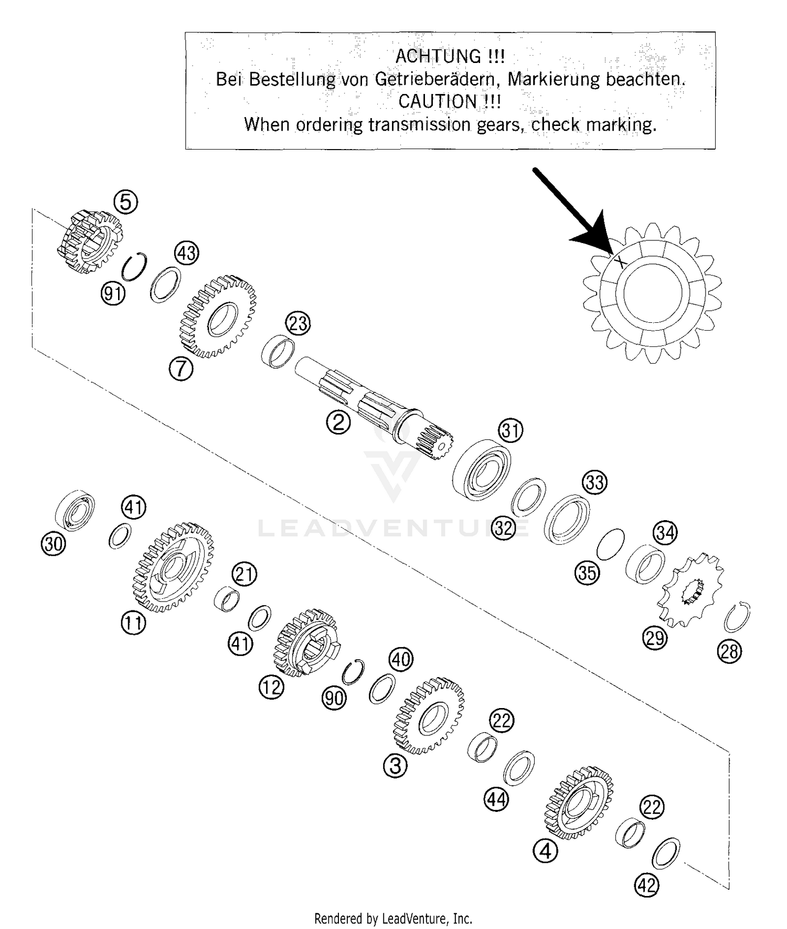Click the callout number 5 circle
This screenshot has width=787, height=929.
[x=125, y=202]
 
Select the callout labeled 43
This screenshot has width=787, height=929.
[x=186, y=253]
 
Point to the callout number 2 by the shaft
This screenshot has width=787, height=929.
[x=338, y=422]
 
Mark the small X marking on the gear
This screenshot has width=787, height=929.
[x=621, y=261]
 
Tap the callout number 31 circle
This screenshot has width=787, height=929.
[x=511, y=430]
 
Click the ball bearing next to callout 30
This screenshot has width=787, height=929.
[x=75, y=511]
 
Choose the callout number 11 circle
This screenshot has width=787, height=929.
[x=133, y=623]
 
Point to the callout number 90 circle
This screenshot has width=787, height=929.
[x=334, y=698]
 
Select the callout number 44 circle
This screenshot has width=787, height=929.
[x=496, y=800]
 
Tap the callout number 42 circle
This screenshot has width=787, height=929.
[x=646, y=886]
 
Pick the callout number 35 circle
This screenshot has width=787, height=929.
[x=587, y=572]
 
